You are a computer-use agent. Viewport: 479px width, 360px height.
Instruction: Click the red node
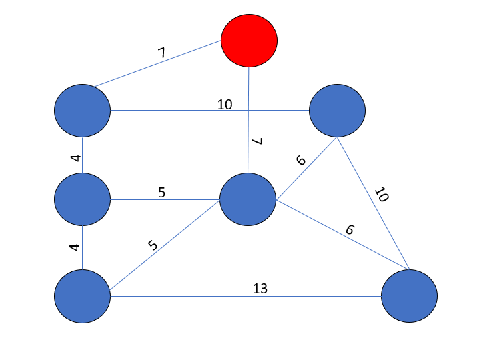249,40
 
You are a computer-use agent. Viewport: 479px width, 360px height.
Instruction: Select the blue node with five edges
248,199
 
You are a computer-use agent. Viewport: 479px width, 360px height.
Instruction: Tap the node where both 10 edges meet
337,111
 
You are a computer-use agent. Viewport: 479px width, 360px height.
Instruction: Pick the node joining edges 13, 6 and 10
409,295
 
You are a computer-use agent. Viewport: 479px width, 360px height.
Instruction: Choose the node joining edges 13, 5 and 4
82,295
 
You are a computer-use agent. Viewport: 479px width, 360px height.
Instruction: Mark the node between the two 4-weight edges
82,199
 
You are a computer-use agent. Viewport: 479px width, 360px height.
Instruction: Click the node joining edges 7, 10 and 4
82,111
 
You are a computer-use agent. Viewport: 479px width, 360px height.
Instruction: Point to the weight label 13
260,289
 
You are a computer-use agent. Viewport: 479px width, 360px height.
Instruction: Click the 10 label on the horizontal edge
225,105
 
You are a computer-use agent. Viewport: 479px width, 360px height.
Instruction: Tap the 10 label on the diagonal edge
381,195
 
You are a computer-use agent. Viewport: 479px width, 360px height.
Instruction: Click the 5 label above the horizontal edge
161,192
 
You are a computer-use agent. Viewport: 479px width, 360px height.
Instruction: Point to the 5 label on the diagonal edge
153,245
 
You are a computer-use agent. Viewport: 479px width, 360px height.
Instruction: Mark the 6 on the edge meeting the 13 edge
350,230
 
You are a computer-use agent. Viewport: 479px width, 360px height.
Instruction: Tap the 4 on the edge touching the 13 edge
75,247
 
